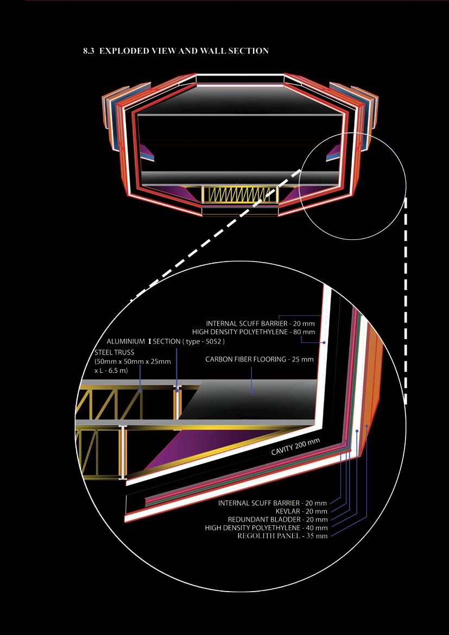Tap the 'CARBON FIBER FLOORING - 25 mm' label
pyautogui.click(x=259, y=359)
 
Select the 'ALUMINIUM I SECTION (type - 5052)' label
pyautogui.click(x=166, y=342)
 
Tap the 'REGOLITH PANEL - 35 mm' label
pyautogui.click(x=282, y=536)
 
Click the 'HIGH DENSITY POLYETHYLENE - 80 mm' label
pyautogui.click(x=254, y=332)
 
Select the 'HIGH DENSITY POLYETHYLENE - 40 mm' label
pyautogui.click(x=266, y=528)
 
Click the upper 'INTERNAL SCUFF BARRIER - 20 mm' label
pyautogui.click(x=260, y=323)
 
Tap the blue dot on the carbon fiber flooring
pyautogui.click(x=251, y=391)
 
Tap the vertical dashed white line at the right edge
pyautogui.click(x=406, y=299)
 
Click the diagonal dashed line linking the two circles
pyautogui.click(x=217, y=233)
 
